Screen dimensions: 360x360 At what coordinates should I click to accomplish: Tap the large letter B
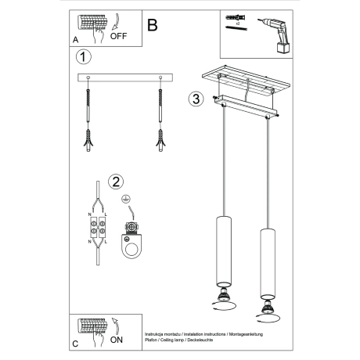pos(152,24)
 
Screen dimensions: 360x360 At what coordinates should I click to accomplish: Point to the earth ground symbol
pos(126,200)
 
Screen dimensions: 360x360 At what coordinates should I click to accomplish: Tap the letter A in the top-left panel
pos(75,37)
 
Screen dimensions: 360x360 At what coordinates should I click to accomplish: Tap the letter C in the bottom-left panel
pos(75,343)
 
